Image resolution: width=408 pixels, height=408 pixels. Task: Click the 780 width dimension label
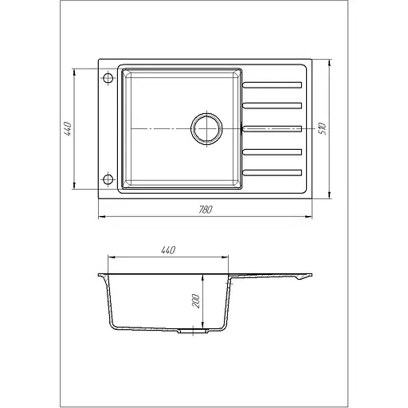pyautogui.click(x=206, y=210)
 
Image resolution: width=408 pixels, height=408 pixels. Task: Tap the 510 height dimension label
pyautogui.click(x=323, y=129)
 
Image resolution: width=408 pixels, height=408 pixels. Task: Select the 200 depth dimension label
pyautogui.click(x=195, y=301)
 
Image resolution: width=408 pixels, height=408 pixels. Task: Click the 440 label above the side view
pyautogui.click(x=168, y=250)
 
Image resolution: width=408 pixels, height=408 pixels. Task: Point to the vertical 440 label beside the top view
pyautogui.click(x=68, y=129)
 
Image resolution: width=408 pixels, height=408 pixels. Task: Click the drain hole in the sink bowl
pyautogui.click(x=206, y=129)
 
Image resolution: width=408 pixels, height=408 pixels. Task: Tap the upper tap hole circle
pyautogui.click(x=108, y=78)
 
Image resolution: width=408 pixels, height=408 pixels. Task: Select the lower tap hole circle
pyautogui.click(x=108, y=180)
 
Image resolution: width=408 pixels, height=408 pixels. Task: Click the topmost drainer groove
pyautogui.click(x=272, y=85)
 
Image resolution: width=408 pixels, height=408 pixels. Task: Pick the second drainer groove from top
pyautogui.click(x=272, y=106)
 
